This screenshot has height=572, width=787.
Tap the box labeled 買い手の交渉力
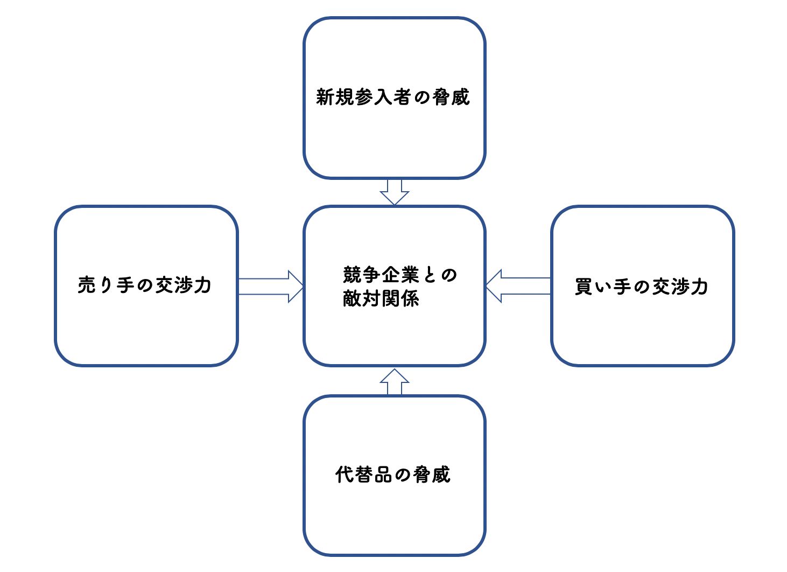tap(642, 329)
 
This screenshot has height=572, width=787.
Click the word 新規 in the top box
tap(334, 97)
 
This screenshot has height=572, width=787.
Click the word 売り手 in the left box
tap(106, 285)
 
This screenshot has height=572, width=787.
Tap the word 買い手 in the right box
tap(603, 287)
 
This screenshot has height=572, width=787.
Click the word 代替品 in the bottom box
tap(363, 475)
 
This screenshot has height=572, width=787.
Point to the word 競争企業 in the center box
tap(381, 275)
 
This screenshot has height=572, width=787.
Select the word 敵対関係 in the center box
tap(381, 298)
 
